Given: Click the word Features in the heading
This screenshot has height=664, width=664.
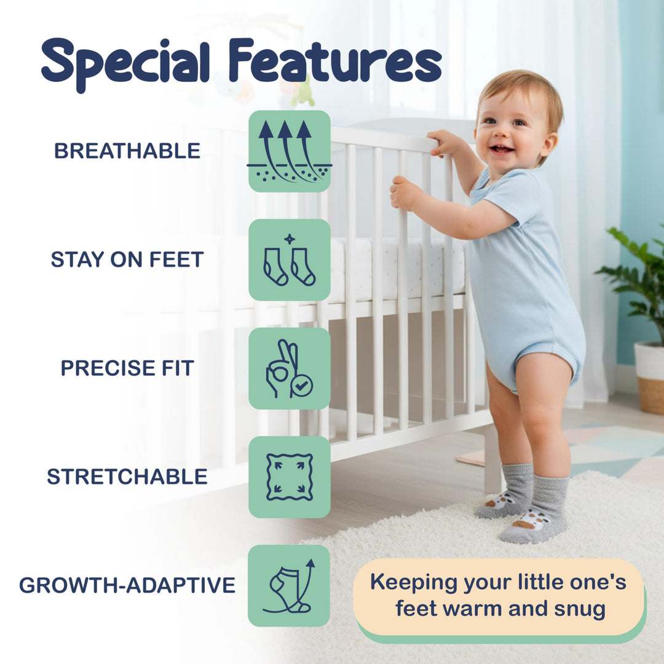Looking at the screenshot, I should [x=334, y=61].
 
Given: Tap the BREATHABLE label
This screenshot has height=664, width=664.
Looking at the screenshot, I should [x=127, y=151].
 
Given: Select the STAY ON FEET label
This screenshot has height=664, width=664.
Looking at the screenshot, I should [x=127, y=259].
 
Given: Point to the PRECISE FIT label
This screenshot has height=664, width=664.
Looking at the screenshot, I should [x=127, y=368].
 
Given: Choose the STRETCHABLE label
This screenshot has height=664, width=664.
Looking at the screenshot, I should [x=127, y=476].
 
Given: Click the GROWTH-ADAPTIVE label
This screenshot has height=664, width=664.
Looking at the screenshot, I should [x=127, y=585].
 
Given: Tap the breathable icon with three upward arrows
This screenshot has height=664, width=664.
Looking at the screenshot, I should [x=290, y=151].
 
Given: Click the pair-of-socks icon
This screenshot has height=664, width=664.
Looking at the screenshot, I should [x=290, y=260].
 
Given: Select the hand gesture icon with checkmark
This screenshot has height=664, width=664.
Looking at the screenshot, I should [x=290, y=368].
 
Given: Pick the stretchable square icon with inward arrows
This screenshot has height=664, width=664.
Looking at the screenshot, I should [x=290, y=477].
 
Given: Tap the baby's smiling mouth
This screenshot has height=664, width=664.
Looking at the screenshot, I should [x=501, y=149].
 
